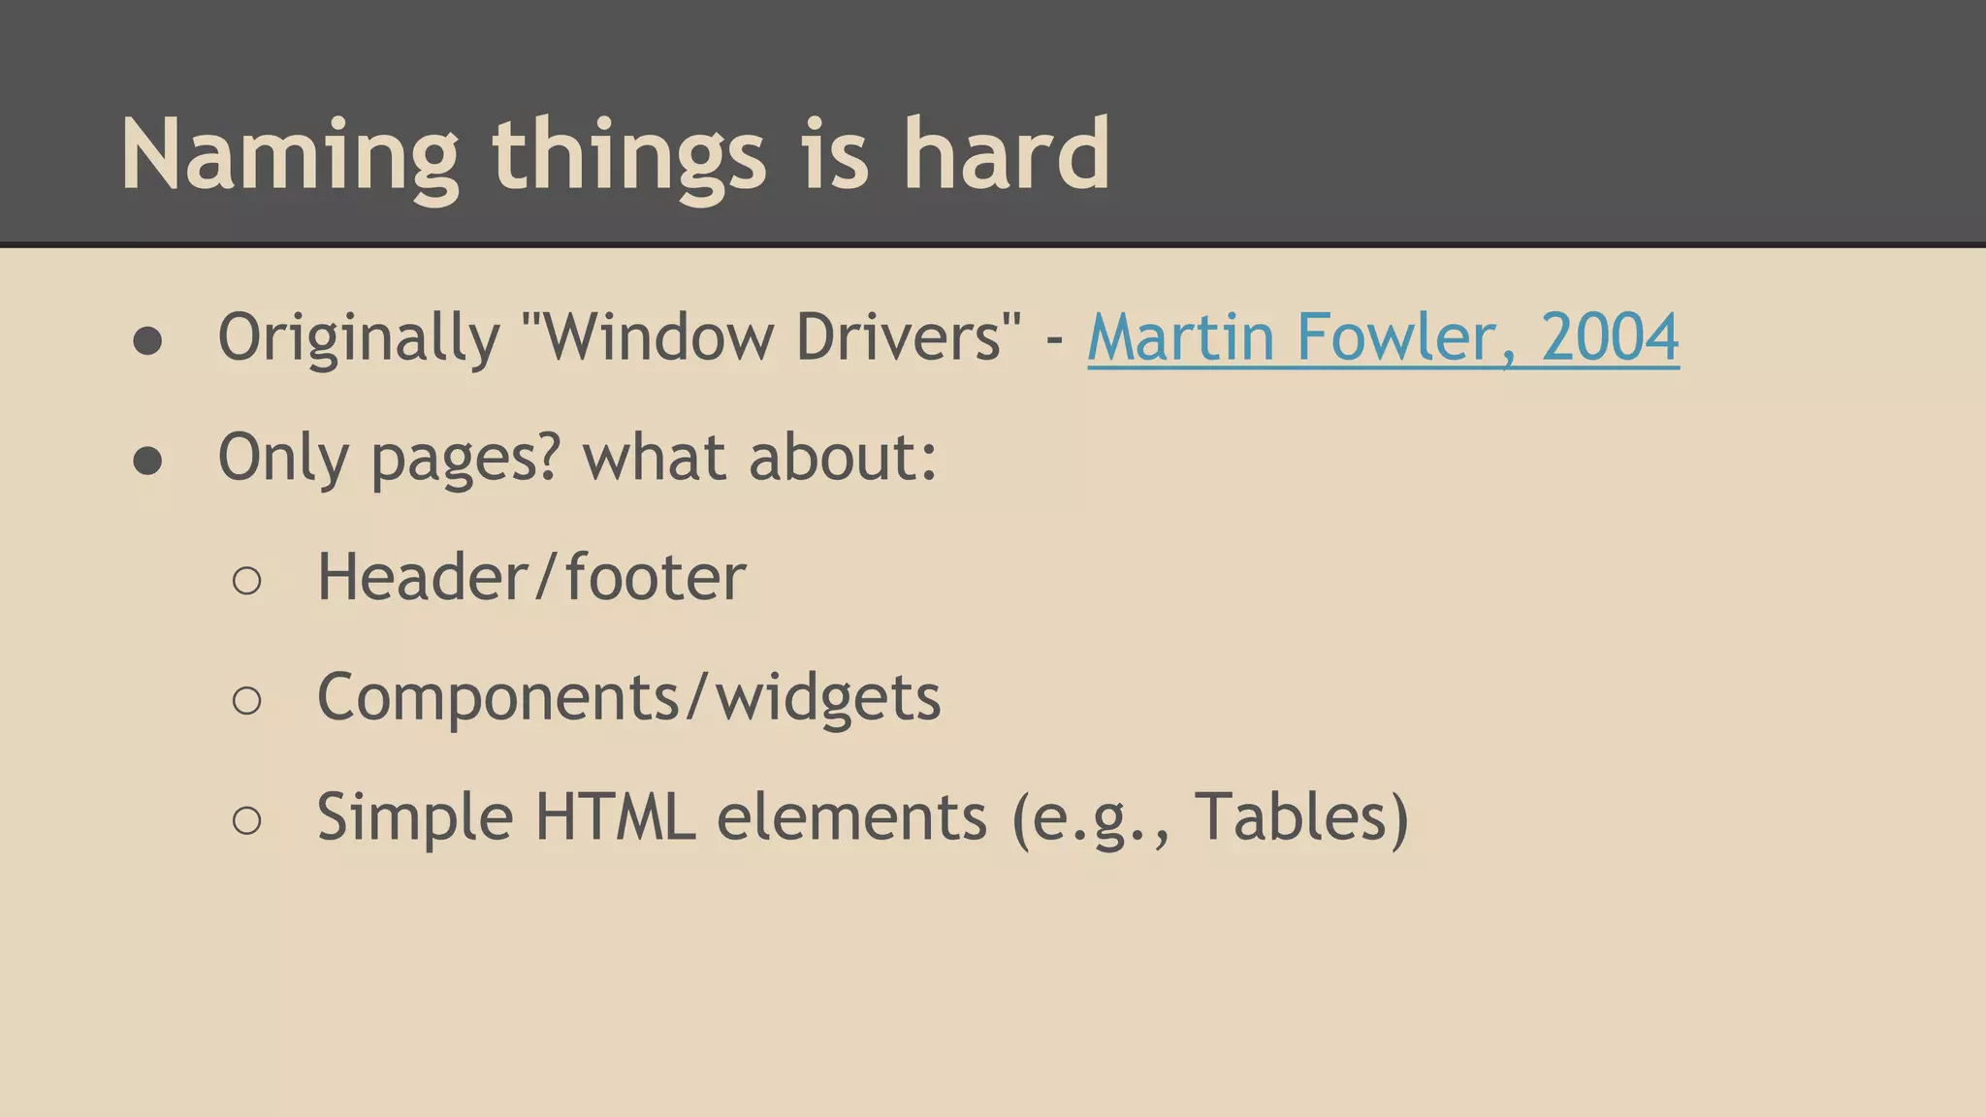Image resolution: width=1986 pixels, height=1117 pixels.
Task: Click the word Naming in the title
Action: tap(288, 155)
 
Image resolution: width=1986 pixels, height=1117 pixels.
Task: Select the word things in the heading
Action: tap(629, 155)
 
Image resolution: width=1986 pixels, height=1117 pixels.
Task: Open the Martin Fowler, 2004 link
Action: tap(1383, 337)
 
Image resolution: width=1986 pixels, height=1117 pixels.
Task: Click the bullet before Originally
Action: tap(147, 341)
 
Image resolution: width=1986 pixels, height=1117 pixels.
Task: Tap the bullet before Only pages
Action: tap(147, 462)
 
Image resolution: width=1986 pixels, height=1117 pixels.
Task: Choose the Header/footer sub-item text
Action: tap(531, 578)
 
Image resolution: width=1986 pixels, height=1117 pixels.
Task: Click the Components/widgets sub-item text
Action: tap(628, 698)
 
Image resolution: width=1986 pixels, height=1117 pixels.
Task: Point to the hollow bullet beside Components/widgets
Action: tap(247, 701)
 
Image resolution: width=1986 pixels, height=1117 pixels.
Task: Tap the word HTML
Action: tap(615, 817)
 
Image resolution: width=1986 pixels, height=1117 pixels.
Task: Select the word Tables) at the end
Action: tap(1300, 817)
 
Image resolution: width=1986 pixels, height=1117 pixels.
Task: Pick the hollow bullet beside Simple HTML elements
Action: tap(247, 821)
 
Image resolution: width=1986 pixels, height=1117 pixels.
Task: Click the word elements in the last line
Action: tap(850, 817)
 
